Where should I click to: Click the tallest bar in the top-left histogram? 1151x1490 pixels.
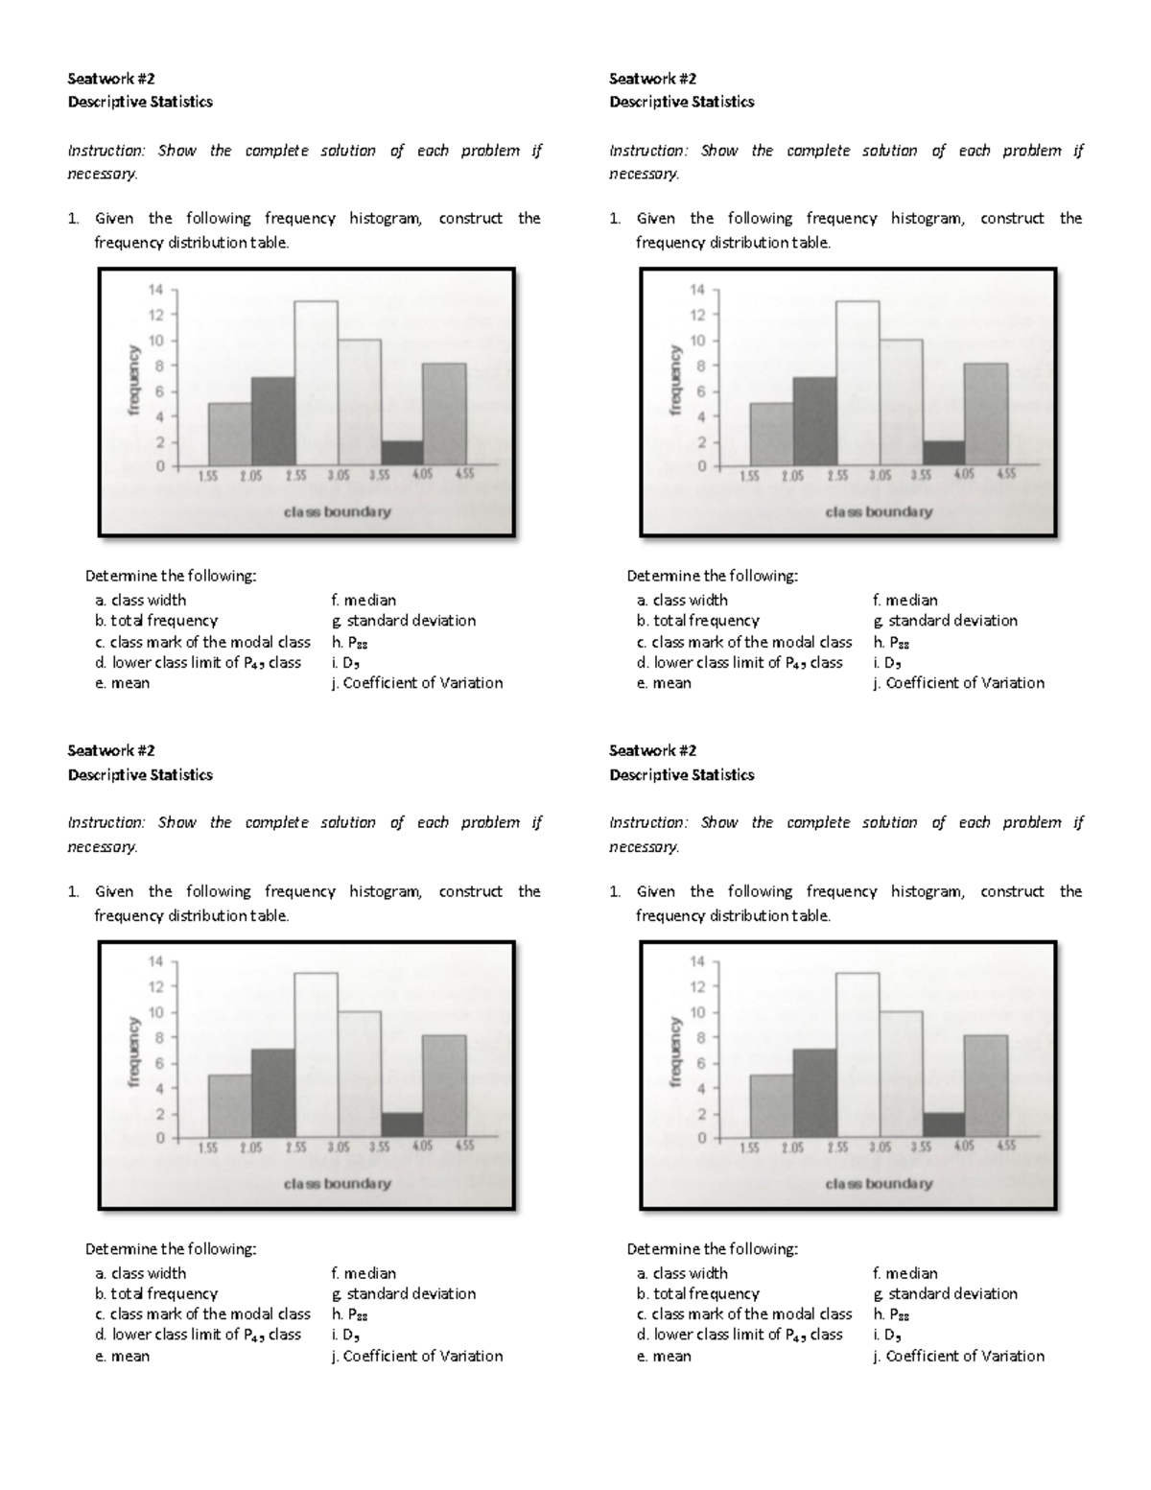316,384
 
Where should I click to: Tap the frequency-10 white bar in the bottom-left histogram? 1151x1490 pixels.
359,1075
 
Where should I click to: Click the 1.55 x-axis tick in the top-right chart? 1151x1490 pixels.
751,475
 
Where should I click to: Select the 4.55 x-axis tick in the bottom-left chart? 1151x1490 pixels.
464,1147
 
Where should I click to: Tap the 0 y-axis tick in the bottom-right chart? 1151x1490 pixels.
702,1139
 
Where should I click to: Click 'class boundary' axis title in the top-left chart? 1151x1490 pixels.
337,512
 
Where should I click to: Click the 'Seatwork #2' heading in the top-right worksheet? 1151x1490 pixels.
652,79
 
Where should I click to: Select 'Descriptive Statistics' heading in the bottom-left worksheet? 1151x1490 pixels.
140,774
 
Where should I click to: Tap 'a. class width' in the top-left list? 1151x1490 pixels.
141,600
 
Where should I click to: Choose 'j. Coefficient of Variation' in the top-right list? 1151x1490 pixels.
958,683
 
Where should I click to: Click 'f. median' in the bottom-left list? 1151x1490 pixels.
364,1273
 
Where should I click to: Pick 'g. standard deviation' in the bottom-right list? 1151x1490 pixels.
945,1293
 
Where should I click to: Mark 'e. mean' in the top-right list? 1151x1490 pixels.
664,683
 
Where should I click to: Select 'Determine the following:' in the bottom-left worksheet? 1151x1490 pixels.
171,1249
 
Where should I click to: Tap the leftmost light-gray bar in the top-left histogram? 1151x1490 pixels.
230,435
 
